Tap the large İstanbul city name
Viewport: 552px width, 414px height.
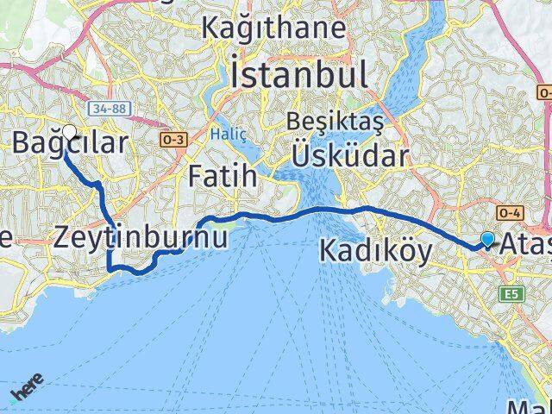pyautogui.click(x=299, y=74)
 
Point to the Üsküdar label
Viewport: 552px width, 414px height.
pyautogui.click(x=348, y=155)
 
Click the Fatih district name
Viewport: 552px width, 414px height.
pyautogui.click(x=223, y=178)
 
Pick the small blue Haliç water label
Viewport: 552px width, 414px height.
pyautogui.click(x=226, y=135)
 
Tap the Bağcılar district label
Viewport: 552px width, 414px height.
pyautogui.click(x=69, y=143)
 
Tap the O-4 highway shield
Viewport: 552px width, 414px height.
pyautogui.click(x=507, y=212)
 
